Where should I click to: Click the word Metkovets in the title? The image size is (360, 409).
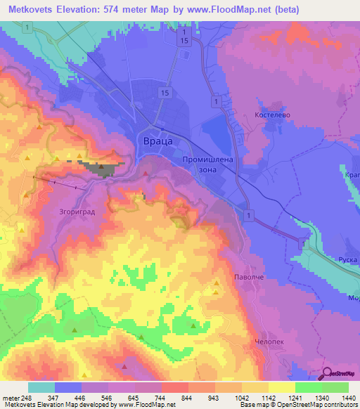pos(36,10)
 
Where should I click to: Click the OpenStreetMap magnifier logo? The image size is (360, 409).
pos(328,373)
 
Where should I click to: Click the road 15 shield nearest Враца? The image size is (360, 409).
pos(164,93)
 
